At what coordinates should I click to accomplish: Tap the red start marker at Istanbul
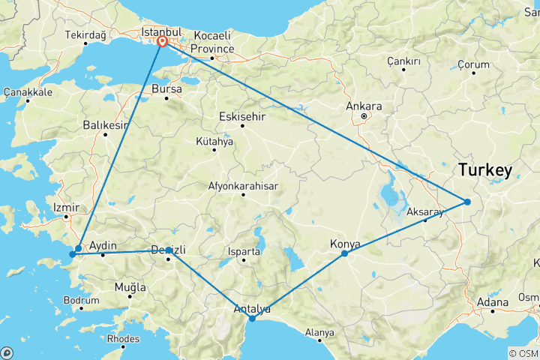162,43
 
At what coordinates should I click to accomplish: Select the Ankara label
364,106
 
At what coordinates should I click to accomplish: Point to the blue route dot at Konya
344,253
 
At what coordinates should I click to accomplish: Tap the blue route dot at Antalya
252,319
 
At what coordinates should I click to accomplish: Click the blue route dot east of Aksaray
466,201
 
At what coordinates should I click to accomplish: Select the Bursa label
166,88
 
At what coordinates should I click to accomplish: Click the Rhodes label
124,338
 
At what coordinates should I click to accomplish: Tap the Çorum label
473,65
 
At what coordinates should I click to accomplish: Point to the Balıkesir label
105,125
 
